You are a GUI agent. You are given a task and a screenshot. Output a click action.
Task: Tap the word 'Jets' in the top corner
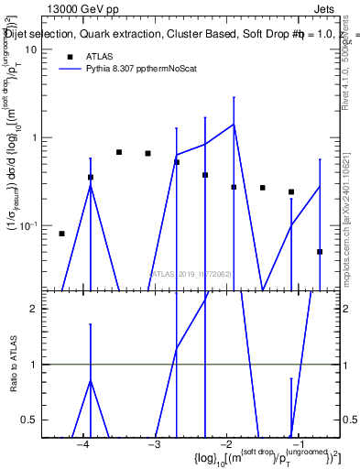point(326,7)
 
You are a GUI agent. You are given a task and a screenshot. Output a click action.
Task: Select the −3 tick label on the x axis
point(154,444)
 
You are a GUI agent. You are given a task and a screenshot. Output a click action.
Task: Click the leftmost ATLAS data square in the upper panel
point(61,234)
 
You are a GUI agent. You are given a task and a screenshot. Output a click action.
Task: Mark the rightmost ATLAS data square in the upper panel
point(320,251)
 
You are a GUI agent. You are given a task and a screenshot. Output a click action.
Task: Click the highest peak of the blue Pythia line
point(234,125)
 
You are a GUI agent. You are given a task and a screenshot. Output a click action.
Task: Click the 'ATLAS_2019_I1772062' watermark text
point(191,273)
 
